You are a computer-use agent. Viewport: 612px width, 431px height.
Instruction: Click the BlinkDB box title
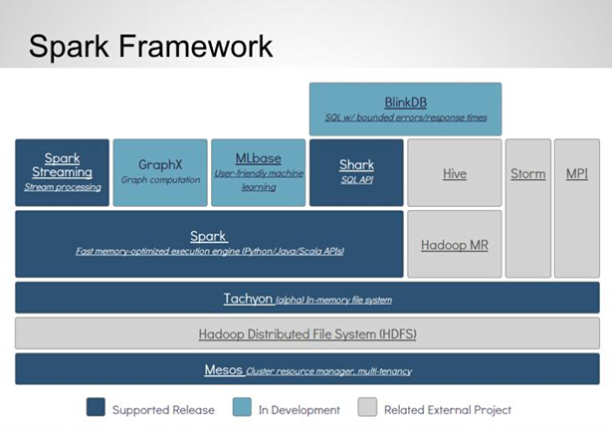[x=406, y=103]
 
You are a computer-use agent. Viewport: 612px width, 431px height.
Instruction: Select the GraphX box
[x=160, y=172]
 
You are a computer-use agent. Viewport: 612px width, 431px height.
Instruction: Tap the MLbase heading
[x=259, y=158]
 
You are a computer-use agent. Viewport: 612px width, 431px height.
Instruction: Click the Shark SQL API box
[x=356, y=172]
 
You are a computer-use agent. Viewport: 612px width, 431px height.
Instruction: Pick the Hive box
[x=455, y=172]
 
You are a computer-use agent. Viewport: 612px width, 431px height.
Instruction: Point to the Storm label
[x=528, y=174]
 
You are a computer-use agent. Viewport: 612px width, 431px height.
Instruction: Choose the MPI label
[x=577, y=174]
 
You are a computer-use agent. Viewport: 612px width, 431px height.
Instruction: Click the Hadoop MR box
[x=455, y=244]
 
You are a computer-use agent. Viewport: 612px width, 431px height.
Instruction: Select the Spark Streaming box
[x=62, y=172]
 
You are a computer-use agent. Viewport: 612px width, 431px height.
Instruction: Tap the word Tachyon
[x=248, y=299]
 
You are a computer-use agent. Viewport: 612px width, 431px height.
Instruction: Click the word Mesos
[x=223, y=369]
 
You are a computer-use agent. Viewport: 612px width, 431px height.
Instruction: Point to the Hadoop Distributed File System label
[x=307, y=334]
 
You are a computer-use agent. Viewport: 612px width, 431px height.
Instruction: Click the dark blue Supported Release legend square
[x=96, y=407]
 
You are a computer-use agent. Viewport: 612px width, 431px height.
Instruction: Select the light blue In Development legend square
[x=242, y=407]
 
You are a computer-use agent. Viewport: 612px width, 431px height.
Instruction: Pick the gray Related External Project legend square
[x=367, y=407]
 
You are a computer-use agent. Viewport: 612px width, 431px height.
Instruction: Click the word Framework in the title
[x=196, y=46]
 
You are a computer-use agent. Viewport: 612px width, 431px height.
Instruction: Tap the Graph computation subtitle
[x=160, y=180]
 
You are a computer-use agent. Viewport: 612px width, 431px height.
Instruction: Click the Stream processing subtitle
[x=63, y=187]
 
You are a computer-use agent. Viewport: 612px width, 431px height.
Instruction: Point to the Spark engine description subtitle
[x=210, y=251]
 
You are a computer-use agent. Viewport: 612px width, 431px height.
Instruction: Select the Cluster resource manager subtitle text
[x=328, y=371]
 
